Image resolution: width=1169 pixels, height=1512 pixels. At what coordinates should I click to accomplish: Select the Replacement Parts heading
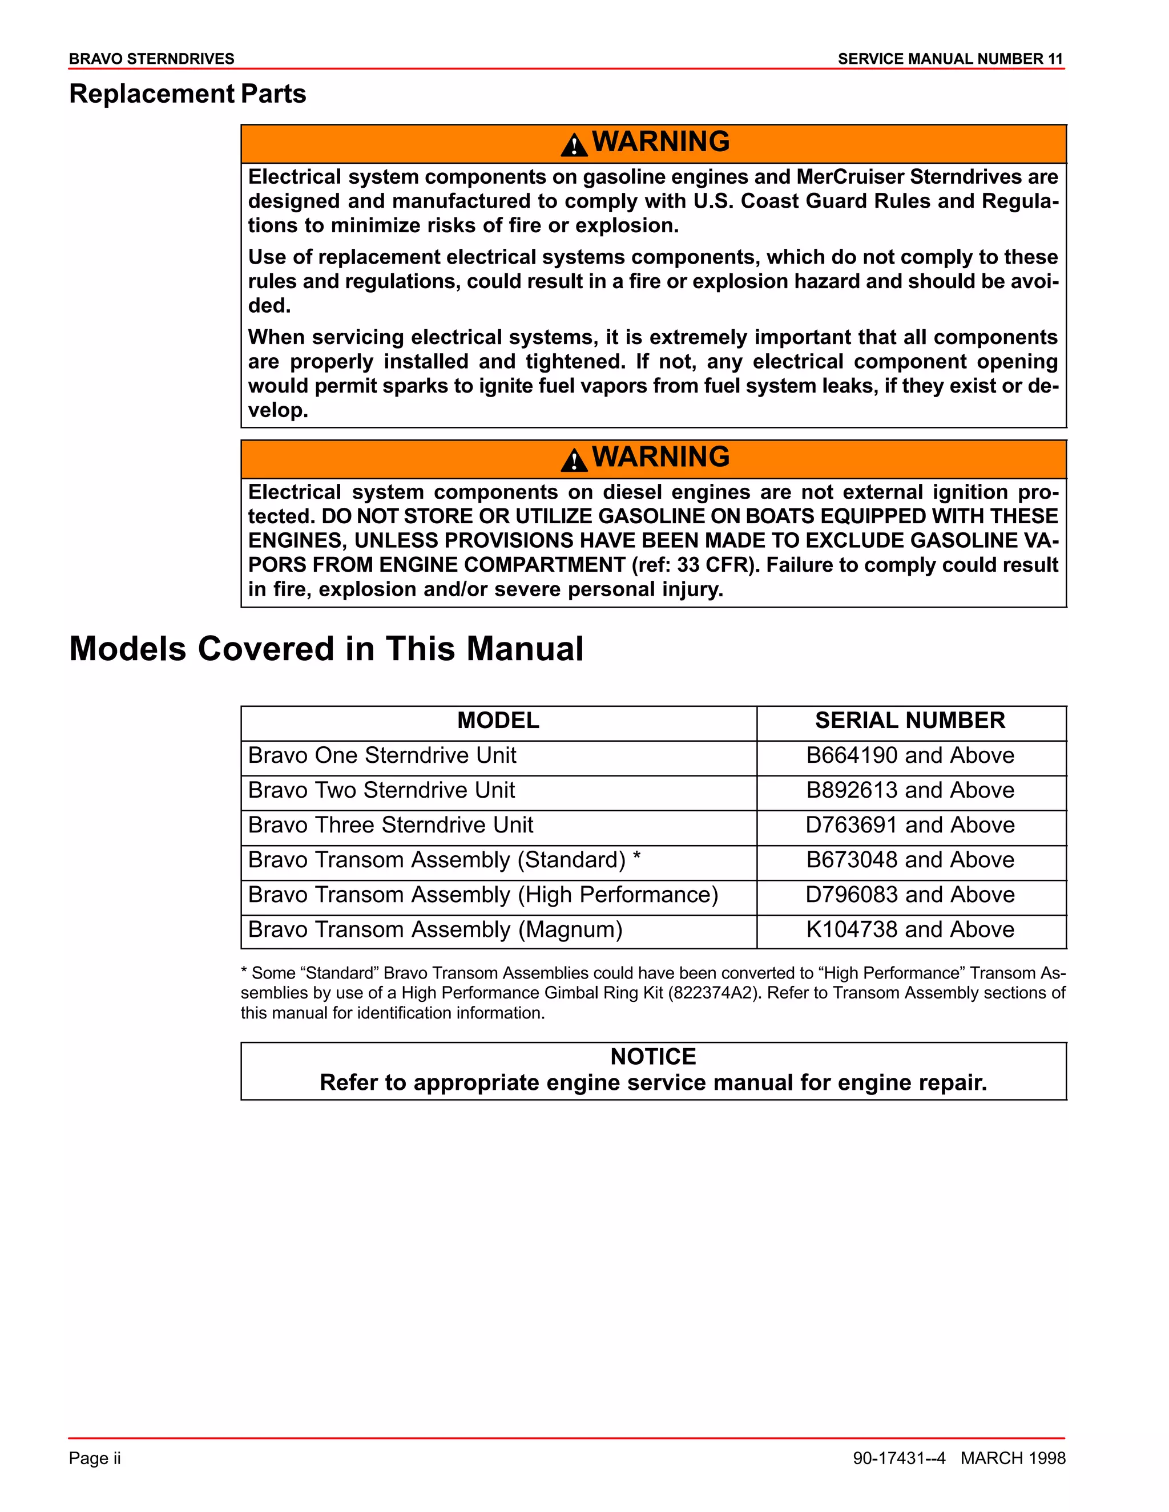tap(187, 94)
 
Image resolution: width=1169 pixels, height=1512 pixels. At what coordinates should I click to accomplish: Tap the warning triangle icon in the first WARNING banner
tap(574, 145)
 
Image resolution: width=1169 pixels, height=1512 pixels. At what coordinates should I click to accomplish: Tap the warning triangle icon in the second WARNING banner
tap(574, 460)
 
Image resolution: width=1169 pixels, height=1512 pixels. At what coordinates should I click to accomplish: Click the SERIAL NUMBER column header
tap(909, 721)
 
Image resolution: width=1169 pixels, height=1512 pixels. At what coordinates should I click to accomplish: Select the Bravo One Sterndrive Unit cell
tap(382, 755)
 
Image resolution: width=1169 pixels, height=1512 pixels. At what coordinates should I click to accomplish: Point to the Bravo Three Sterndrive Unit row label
tap(390, 825)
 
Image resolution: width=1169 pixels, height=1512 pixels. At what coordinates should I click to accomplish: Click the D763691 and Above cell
tap(909, 825)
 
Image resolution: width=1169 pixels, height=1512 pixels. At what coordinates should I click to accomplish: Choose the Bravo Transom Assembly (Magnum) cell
tap(435, 930)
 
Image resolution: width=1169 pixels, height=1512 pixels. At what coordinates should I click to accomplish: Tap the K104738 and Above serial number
tap(909, 930)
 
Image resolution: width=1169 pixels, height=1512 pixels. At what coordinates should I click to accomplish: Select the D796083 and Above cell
tap(909, 895)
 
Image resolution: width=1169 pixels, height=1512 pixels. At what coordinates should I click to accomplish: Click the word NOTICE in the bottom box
tap(652, 1057)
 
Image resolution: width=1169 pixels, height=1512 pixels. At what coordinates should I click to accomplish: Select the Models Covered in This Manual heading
tap(326, 649)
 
